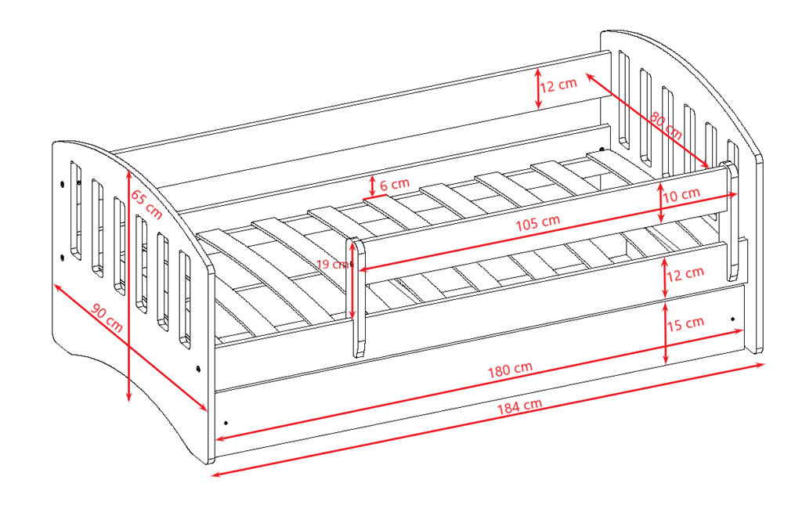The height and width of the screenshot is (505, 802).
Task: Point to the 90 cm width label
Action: [x=107, y=316]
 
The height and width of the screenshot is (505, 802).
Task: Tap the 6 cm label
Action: [x=395, y=184]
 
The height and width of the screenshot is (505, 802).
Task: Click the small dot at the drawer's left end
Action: [x=226, y=422]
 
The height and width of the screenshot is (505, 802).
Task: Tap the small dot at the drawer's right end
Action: [x=732, y=319]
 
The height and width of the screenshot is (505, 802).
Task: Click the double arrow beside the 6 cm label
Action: [x=373, y=186]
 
